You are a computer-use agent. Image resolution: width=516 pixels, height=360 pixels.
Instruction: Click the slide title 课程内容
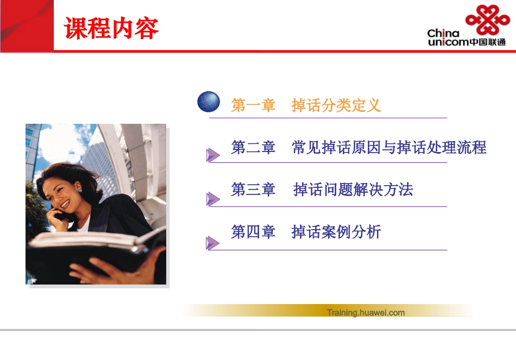coord(111,28)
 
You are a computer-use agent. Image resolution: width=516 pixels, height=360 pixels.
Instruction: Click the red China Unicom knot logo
coord(487,21)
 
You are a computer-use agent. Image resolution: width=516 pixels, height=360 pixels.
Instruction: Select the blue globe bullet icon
coord(209,102)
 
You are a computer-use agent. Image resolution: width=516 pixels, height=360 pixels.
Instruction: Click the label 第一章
coord(253,105)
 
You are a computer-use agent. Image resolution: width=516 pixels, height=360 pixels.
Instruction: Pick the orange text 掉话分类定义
coord(336,105)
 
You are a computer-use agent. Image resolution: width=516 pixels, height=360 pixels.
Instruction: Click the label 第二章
coord(253,148)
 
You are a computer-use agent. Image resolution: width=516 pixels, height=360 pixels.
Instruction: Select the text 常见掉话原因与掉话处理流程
coord(389,148)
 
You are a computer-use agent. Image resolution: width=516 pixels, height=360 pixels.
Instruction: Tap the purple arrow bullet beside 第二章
coord(212,155)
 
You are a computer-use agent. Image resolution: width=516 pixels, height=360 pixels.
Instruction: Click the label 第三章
coord(253,190)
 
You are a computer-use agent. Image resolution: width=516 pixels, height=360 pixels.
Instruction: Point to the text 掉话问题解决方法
coord(353,190)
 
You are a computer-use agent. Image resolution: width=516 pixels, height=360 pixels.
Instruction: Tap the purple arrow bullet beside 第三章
coord(212,199)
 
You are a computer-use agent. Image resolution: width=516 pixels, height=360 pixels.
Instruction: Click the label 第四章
coord(253,232)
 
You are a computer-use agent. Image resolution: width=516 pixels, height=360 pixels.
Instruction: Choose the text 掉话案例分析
coord(336,232)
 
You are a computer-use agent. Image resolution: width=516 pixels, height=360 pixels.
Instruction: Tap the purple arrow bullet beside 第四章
coord(212,243)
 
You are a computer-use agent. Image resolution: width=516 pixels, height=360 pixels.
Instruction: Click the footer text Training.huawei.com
coord(366,312)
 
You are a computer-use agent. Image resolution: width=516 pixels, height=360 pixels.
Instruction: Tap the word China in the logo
coord(443,34)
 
